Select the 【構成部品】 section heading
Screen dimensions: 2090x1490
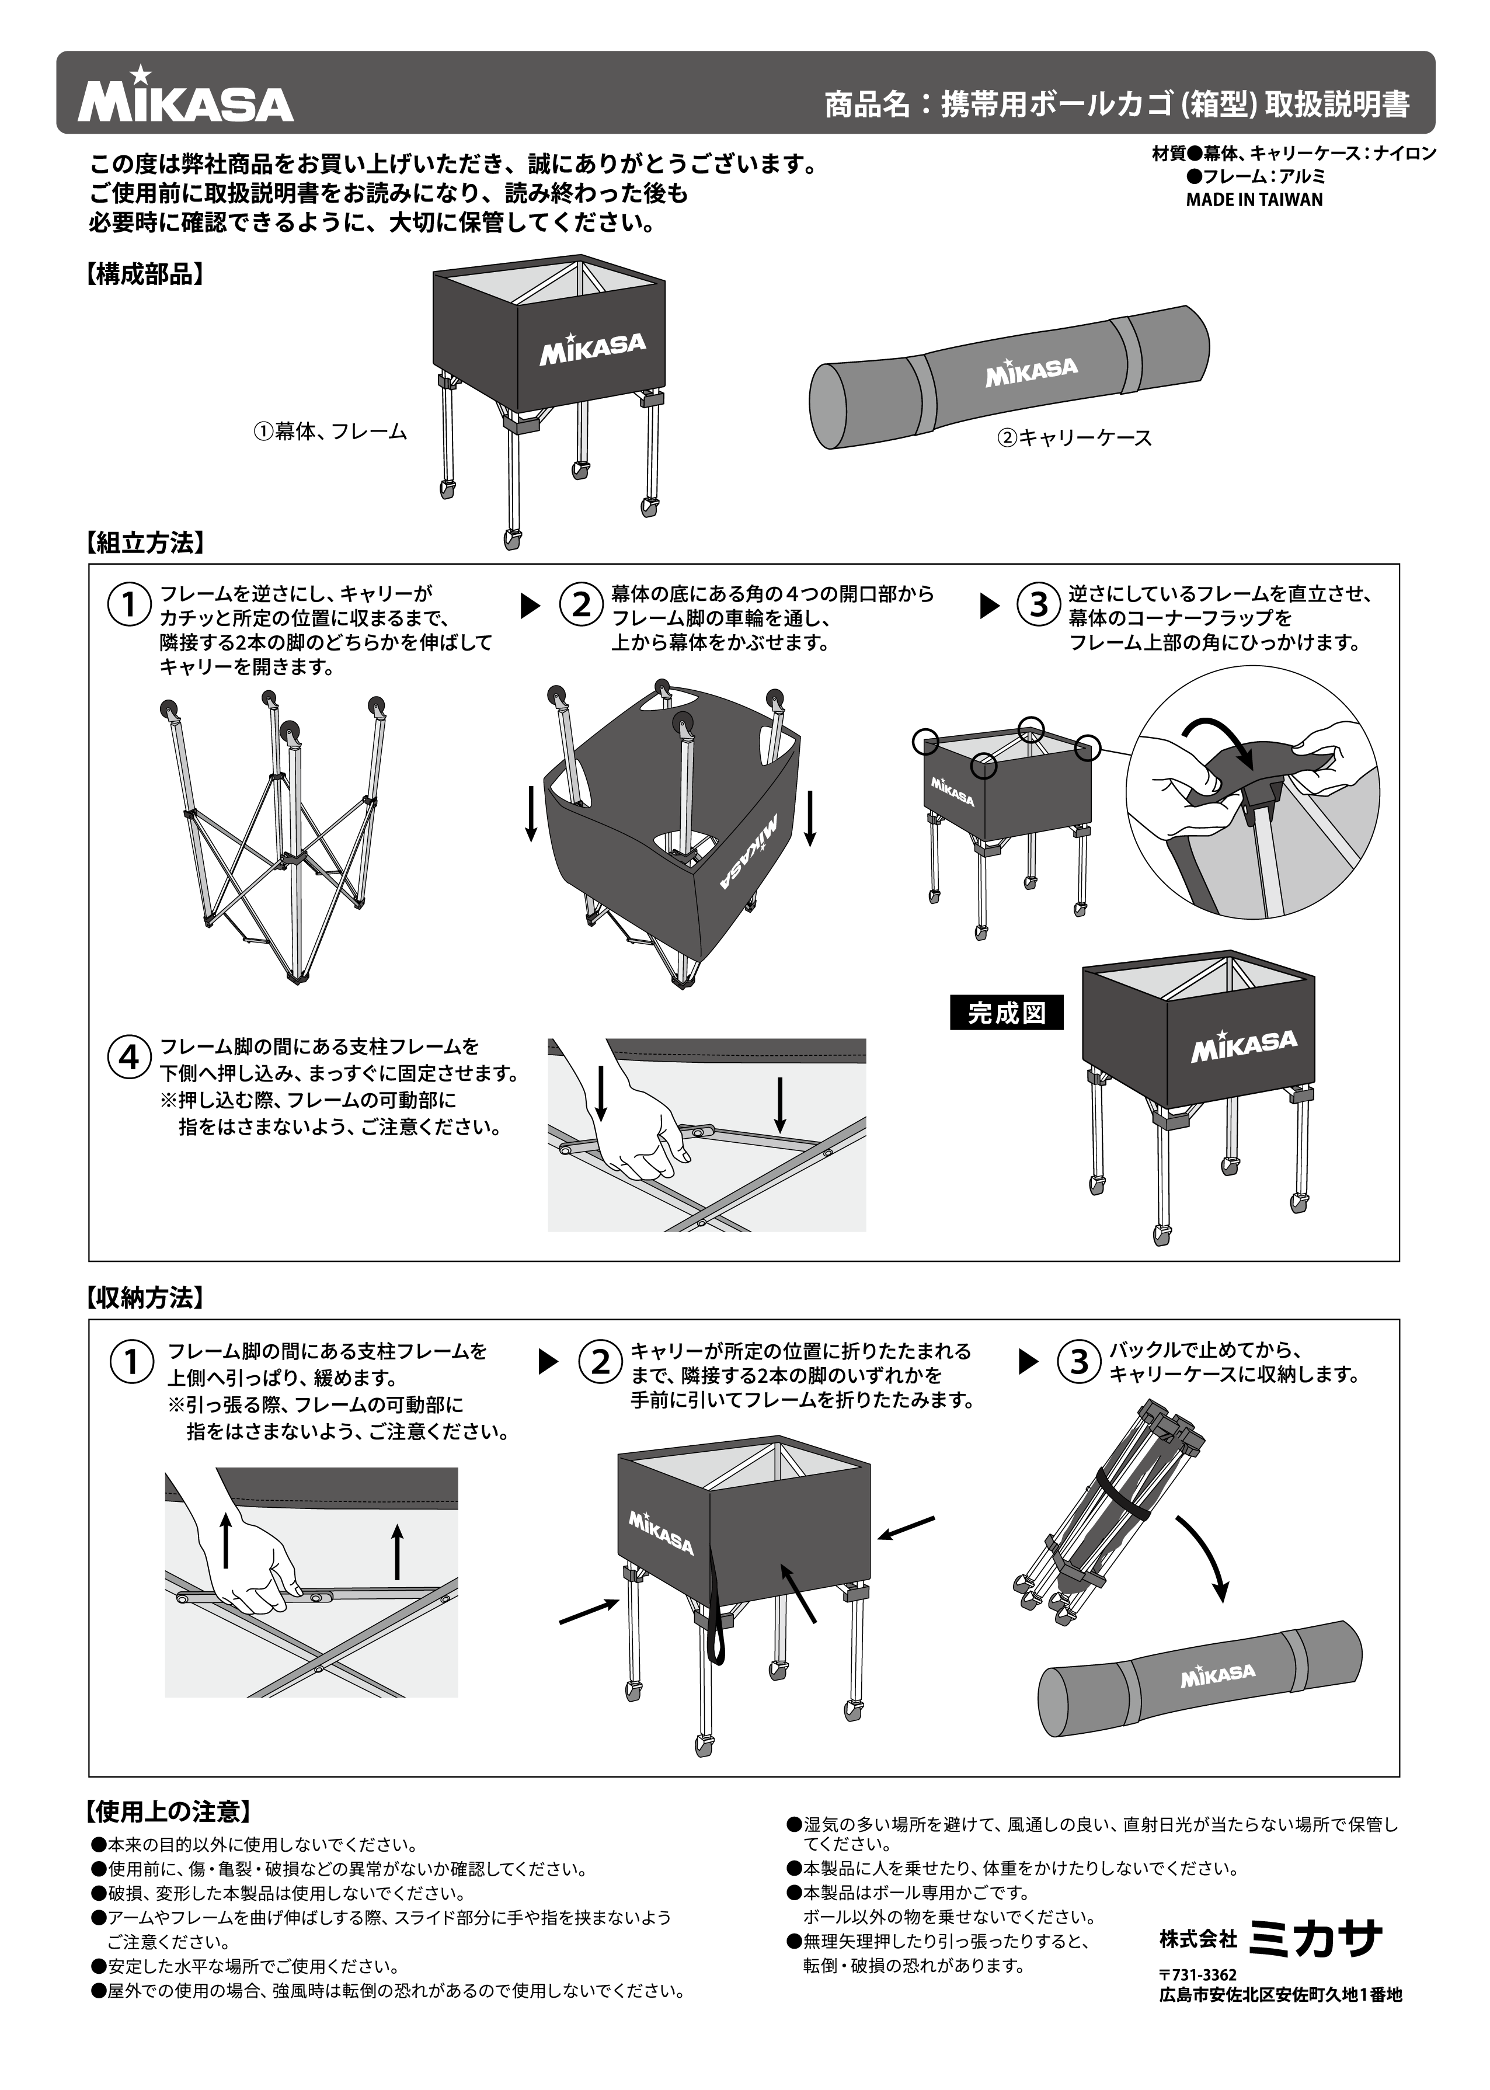tap(144, 274)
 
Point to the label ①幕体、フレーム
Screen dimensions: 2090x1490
tap(330, 431)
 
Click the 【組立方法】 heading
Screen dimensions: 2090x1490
tap(144, 543)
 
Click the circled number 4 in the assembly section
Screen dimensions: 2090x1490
tap(130, 1058)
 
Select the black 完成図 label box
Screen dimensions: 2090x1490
tap(1007, 1013)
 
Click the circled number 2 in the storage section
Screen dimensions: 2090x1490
tap(600, 1362)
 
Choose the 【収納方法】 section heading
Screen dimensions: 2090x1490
tap(144, 1298)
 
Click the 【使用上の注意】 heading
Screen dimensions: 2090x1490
tap(168, 1811)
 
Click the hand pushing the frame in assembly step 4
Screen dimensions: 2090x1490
tap(633, 1124)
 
